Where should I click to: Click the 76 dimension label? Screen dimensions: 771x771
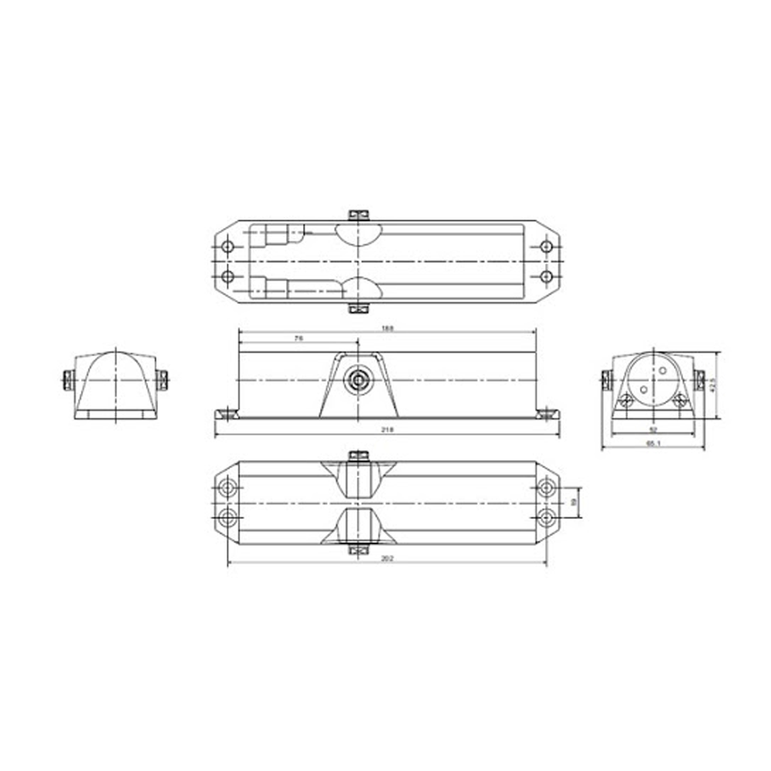[298, 337]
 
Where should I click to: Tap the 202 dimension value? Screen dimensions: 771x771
[388, 560]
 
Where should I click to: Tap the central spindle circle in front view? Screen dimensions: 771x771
[357, 380]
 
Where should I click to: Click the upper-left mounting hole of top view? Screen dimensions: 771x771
[227, 247]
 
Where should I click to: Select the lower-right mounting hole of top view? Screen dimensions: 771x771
[547, 276]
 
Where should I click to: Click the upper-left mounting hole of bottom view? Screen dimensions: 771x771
[227, 488]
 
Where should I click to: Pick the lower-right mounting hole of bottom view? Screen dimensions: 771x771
[547, 517]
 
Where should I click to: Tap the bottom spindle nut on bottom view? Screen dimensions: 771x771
[356, 550]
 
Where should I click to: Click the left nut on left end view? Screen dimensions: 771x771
[66, 379]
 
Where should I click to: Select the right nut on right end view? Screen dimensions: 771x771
[699, 379]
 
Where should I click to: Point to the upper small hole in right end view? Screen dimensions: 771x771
[662, 371]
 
